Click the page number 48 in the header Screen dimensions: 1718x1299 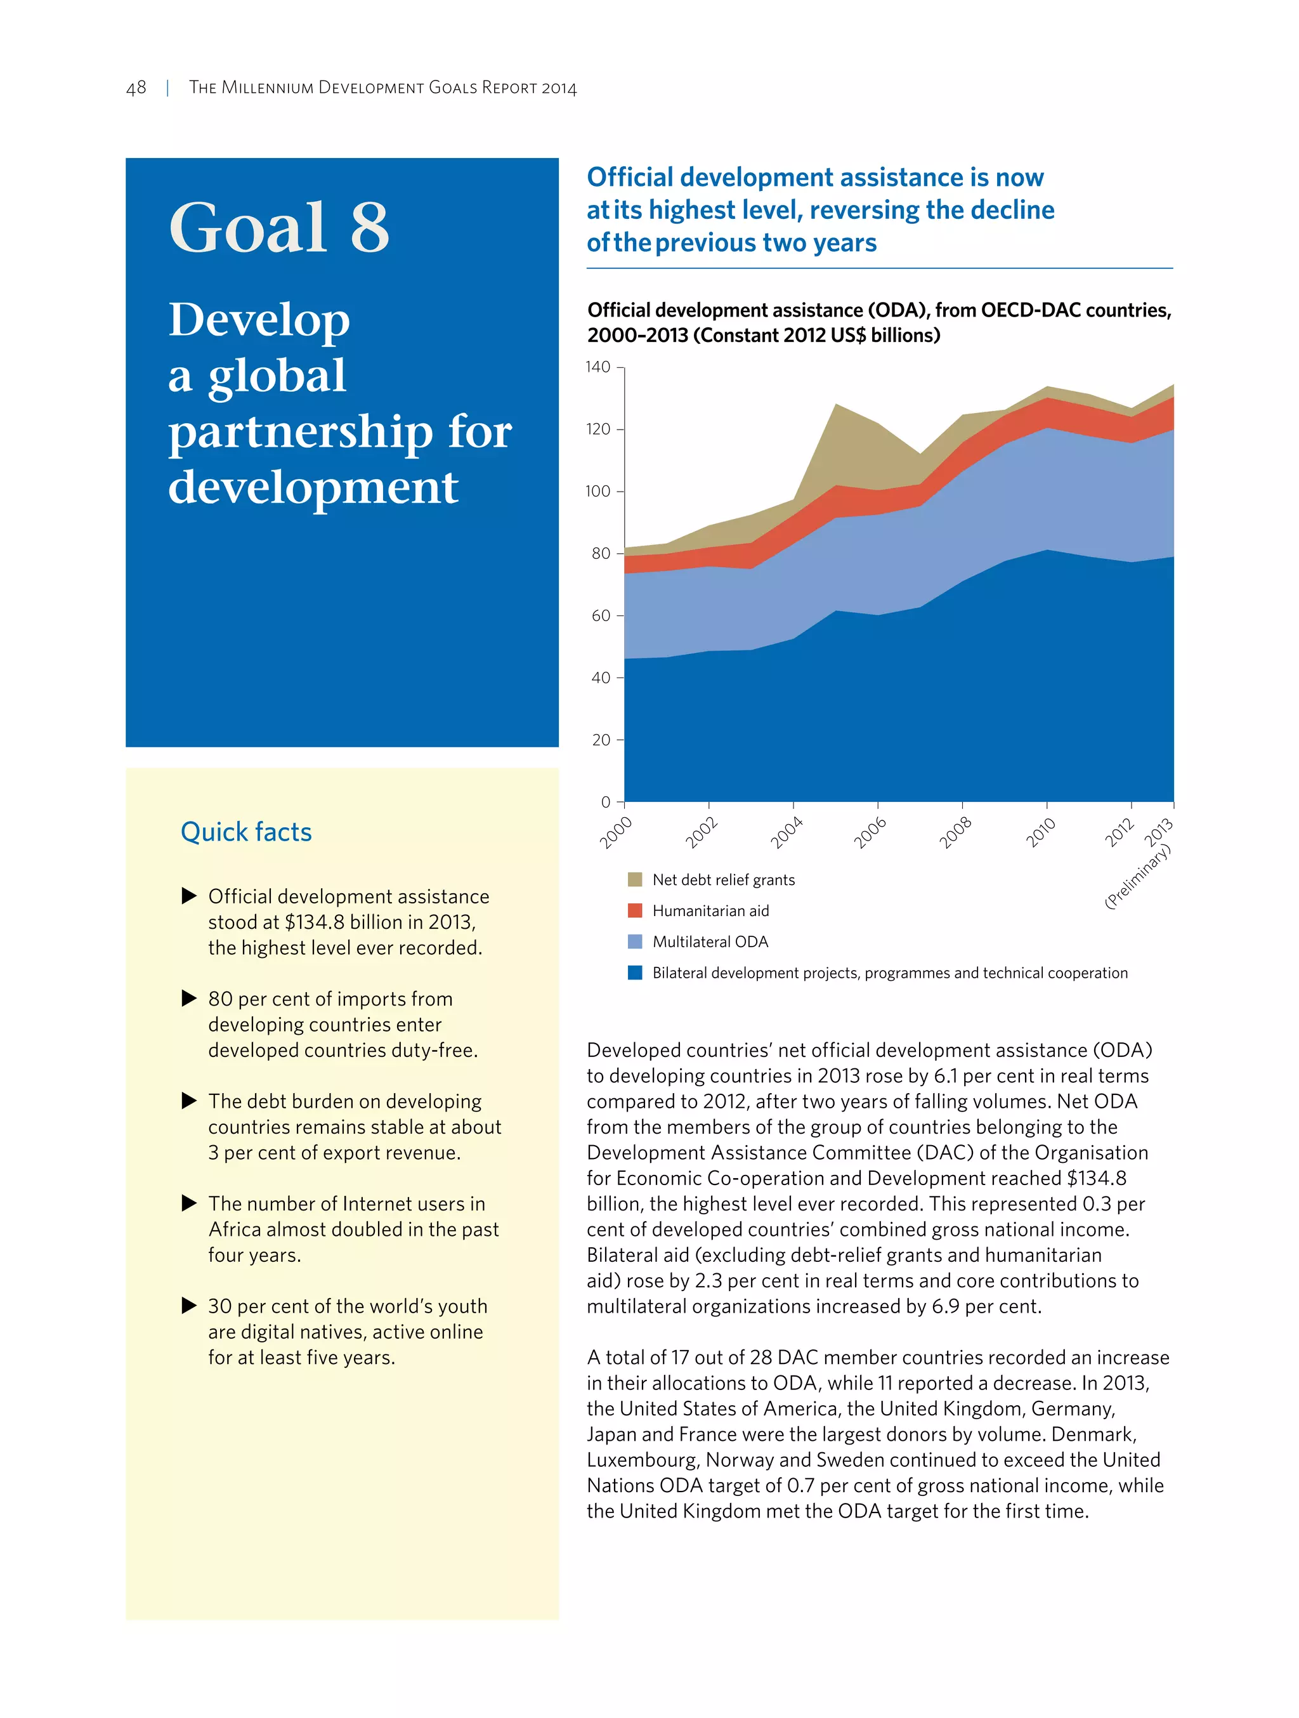pyautogui.click(x=136, y=88)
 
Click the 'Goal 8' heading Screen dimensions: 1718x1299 pyautogui.click(x=278, y=228)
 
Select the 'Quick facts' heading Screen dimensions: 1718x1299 pyautogui.click(x=245, y=832)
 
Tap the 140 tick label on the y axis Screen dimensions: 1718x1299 pyautogui.click(x=598, y=367)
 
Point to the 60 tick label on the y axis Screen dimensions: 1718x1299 pyautogui.click(x=601, y=616)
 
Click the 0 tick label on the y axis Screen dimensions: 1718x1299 pyautogui.click(x=606, y=803)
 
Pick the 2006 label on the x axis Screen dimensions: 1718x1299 pyautogui.click(x=870, y=832)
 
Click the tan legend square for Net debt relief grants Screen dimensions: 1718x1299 pyautogui.click(x=634, y=879)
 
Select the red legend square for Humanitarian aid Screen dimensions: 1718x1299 pyautogui.click(x=634, y=910)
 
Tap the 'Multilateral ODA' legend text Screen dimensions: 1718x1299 pyautogui.click(x=710, y=942)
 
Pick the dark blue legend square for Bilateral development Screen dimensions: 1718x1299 pyautogui.click(x=634, y=973)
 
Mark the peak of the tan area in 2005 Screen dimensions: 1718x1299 pyautogui.click(x=836, y=405)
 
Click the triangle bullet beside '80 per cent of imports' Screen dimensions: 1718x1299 pyautogui.click(x=188, y=998)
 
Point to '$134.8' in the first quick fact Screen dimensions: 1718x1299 pyautogui.click(x=315, y=922)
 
